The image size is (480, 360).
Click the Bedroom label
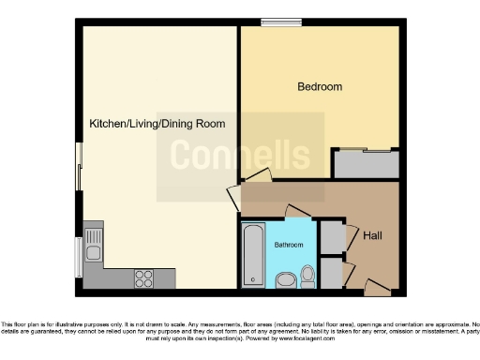pyautogui.click(x=320, y=87)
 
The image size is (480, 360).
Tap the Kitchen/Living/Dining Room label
pyautogui.click(x=157, y=123)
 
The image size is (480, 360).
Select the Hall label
pyautogui.click(x=372, y=234)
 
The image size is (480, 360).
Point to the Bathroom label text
pyautogui.click(x=289, y=245)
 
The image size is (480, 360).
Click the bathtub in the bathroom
pyautogui.click(x=253, y=254)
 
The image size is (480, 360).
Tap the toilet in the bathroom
pyautogui.click(x=307, y=276)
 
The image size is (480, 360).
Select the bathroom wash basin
pyautogui.click(x=285, y=278)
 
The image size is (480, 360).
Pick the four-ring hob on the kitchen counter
pyautogui.click(x=144, y=277)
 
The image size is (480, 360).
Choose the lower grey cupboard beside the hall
pyautogui.click(x=331, y=272)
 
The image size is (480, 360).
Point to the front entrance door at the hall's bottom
pyautogui.click(x=377, y=285)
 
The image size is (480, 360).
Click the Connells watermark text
pyautogui.click(x=240, y=155)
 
